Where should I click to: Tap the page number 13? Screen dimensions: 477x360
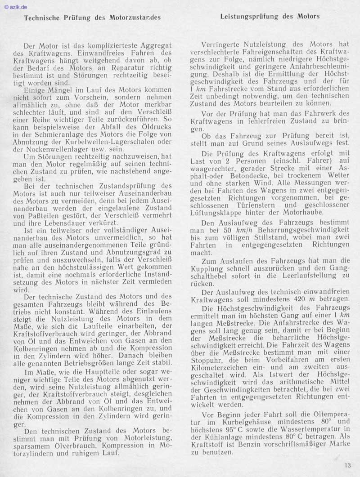coord(348,465)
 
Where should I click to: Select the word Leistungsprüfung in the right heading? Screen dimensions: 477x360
coord(249,16)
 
